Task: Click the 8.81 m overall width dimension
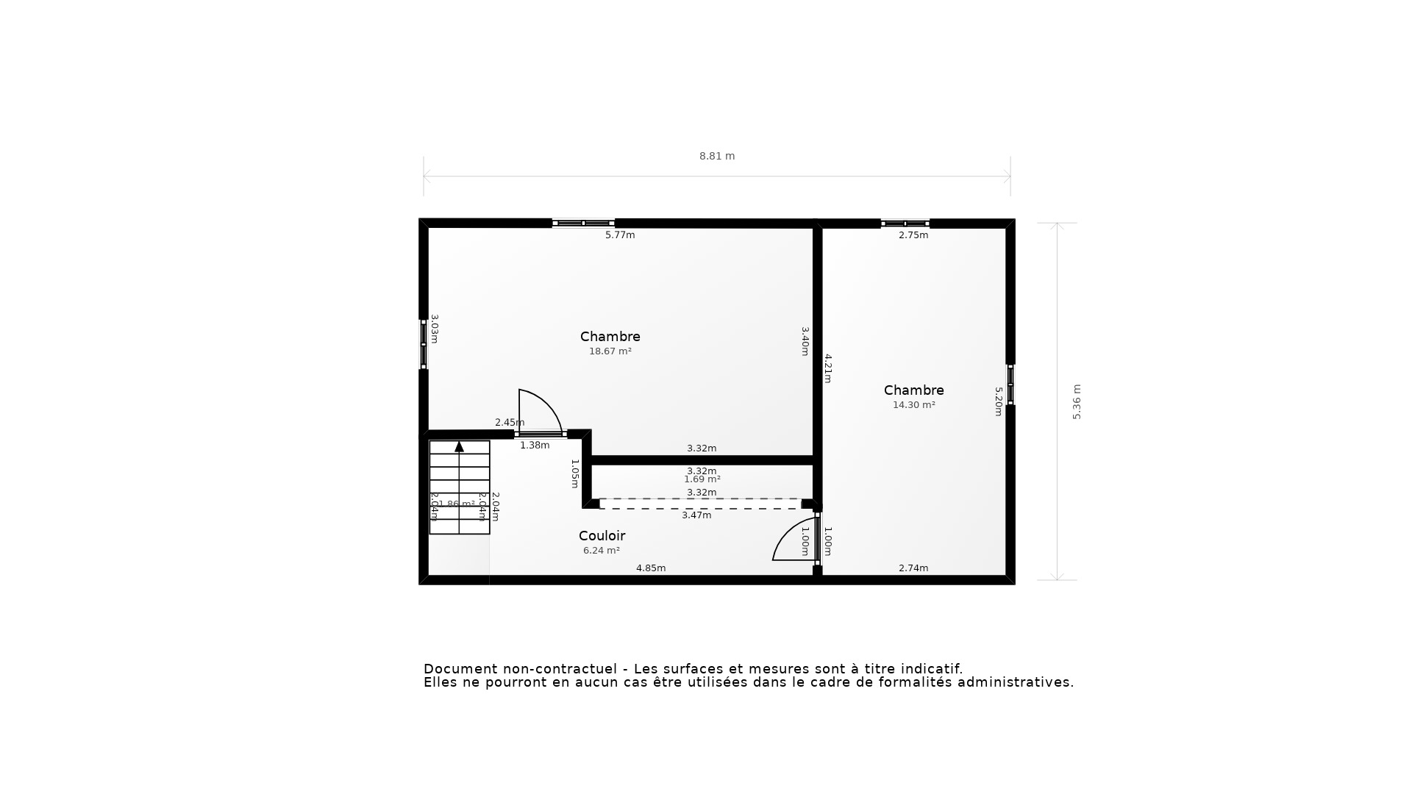[717, 156]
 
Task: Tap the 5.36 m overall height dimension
[1077, 401]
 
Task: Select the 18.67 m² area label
[610, 351]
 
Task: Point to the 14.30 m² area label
[913, 405]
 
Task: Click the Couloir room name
[602, 536]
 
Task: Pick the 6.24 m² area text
[601, 551]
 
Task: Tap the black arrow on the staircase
[460, 446]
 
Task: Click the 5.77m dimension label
[620, 235]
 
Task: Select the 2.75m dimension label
[913, 235]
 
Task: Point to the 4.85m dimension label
[651, 568]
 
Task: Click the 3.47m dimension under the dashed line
[696, 515]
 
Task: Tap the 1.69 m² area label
[702, 479]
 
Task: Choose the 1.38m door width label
[535, 446]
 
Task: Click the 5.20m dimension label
[999, 401]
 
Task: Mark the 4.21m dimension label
[828, 368]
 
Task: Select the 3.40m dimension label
[805, 341]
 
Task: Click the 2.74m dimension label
[913, 568]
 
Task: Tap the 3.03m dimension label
[435, 329]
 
